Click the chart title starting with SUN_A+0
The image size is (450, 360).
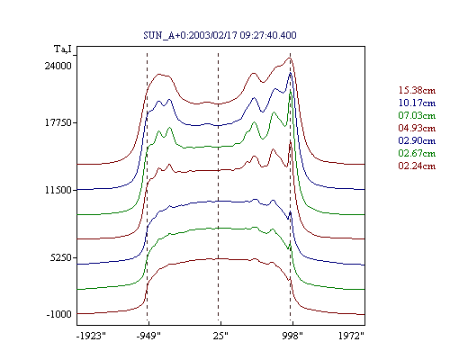point(220,35)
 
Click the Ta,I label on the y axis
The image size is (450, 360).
point(63,49)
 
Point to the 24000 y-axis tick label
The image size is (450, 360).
point(58,66)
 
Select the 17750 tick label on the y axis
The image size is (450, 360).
point(58,123)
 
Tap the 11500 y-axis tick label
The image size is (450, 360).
point(58,190)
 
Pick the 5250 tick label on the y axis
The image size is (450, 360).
point(61,257)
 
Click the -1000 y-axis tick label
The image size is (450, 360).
point(58,314)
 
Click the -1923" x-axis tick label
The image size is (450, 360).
point(91,336)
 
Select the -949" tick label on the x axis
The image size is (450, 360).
point(148,336)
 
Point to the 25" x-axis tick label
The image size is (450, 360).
point(220,336)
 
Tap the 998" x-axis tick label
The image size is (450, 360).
point(292,336)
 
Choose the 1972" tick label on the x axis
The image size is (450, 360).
point(351,336)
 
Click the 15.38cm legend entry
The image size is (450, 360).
point(417,90)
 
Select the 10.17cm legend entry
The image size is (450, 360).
point(417,103)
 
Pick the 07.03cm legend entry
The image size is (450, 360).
point(417,115)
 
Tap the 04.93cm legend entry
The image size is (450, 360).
point(417,128)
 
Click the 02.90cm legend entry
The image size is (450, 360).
point(417,140)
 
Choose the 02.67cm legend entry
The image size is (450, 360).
point(417,153)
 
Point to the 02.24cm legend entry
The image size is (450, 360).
point(417,166)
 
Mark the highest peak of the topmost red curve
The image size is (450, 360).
point(290,58)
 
